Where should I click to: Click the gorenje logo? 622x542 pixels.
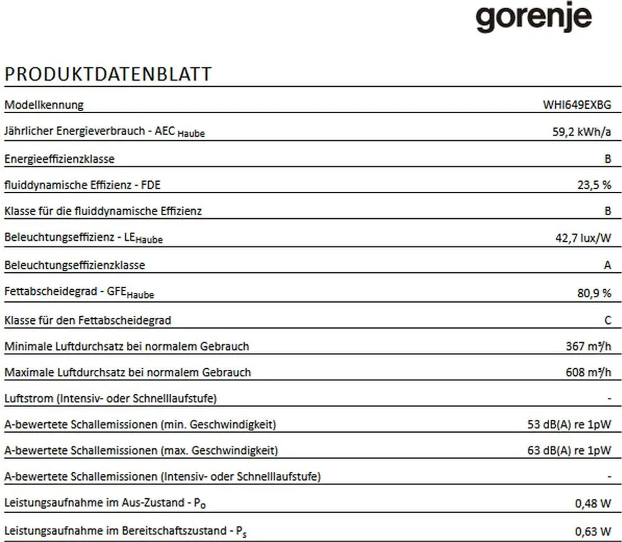click(x=533, y=19)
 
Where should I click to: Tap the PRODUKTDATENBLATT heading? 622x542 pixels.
click(x=108, y=74)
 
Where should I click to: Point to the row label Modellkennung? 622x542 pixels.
click(x=44, y=105)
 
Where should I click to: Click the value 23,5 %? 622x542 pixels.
click(x=594, y=185)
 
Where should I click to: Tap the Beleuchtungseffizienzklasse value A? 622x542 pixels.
click(x=608, y=266)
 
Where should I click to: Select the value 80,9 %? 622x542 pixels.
click(x=594, y=293)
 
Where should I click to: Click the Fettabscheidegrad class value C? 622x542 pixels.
click(x=608, y=320)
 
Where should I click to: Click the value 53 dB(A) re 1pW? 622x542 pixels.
click(x=569, y=424)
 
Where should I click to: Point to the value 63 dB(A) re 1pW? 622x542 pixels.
click(x=569, y=451)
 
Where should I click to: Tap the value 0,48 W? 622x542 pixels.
click(x=593, y=503)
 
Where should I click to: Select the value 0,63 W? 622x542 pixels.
click(x=593, y=530)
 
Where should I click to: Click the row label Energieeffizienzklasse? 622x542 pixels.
click(x=60, y=159)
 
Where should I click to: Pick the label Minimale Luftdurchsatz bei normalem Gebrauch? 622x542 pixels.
click(x=126, y=346)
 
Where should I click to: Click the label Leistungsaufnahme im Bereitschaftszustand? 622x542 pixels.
click(x=125, y=530)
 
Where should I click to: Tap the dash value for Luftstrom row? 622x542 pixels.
click(x=609, y=399)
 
